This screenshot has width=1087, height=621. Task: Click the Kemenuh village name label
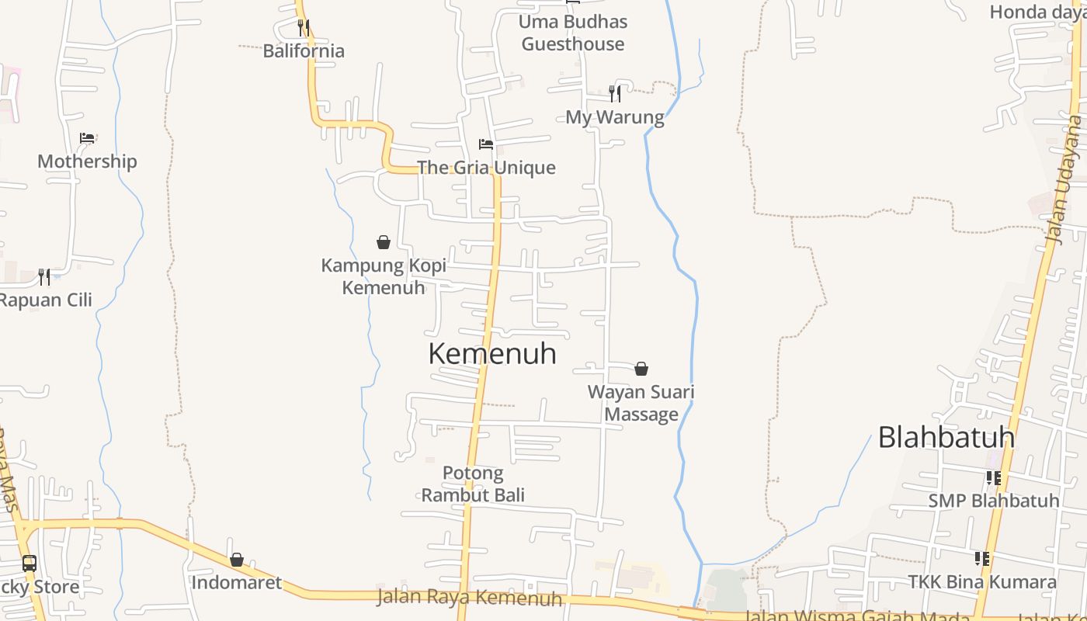point(492,353)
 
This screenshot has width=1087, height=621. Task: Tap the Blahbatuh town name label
point(946,437)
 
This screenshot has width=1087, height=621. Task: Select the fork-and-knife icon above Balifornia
point(303,28)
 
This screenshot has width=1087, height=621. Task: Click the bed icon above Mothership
point(87,138)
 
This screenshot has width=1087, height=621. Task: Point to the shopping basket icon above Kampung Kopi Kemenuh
point(383,242)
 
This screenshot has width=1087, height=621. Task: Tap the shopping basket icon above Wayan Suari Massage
point(641,368)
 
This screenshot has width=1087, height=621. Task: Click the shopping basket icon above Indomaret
point(236,560)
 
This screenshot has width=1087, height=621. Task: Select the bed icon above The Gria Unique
point(486,144)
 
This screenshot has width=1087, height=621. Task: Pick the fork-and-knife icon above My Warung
point(614,94)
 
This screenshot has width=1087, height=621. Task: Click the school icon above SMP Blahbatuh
point(993,477)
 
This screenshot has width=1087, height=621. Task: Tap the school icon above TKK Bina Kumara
point(982,558)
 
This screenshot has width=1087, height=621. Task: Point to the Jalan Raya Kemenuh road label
point(470,598)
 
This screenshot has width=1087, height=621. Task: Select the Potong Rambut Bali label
point(473,484)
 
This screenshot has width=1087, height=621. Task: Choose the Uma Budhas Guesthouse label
point(573,33)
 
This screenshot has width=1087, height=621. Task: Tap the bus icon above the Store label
point(29,564)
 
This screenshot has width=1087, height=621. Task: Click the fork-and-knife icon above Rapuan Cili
point(44,276)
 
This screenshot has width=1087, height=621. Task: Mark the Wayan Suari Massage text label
point(641,403)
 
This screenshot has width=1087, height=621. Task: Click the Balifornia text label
point(304,51)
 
